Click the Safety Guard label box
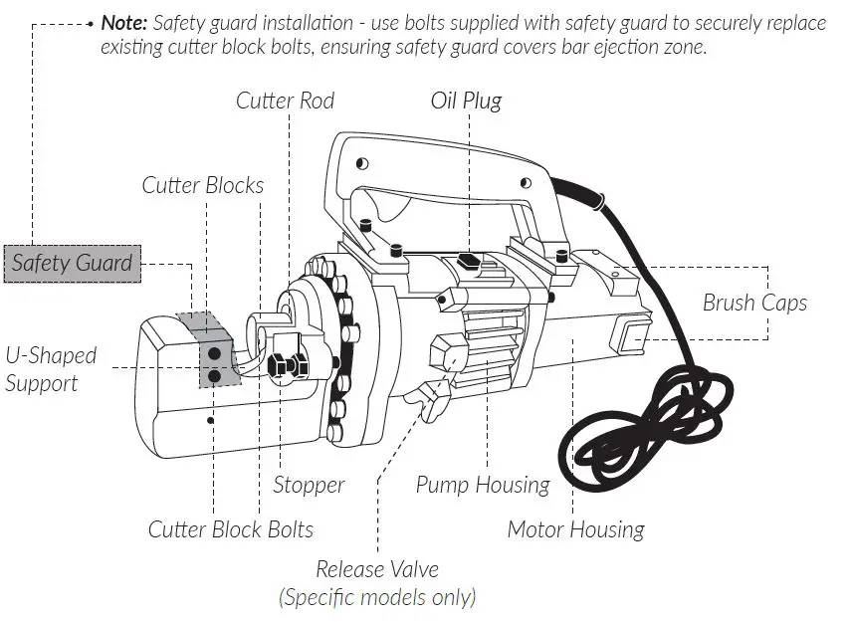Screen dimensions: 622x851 pos(71,264)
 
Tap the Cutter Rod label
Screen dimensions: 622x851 pos(285,101)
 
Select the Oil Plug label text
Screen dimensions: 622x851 pos(466,101)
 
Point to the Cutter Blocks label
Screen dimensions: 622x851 pos(203,185)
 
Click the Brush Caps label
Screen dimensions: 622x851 pos(754,303)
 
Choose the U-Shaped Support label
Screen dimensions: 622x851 pos(51,368)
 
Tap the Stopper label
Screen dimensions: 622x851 pos(309,486)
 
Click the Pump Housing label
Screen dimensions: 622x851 pos(483,486)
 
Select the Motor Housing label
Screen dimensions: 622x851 pos(575,529)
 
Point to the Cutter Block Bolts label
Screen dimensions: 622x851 pos(231,529)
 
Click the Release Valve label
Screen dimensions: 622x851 pos(377,570)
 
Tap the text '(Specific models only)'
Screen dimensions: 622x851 pos(377,597)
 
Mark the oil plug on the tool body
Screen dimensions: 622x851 pos(468,262)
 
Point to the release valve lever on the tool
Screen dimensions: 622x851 pos(430,402)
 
